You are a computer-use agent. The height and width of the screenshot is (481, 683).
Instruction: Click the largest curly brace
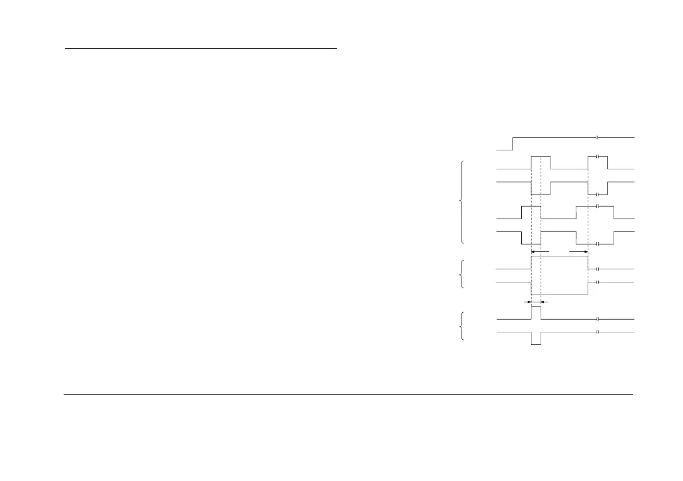(x=462, y=202)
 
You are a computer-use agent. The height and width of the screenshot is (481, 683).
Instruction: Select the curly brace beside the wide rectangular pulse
(x=462, y=275)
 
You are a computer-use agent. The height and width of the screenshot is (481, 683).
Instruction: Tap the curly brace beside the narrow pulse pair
(x=462, y=325)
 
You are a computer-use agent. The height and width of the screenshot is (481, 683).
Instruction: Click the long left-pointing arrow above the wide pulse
(x=540, y=252)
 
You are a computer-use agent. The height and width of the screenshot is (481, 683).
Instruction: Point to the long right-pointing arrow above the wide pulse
(x=579, y=252)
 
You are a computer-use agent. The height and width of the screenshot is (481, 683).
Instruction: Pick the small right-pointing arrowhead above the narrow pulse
(x=529, y=301)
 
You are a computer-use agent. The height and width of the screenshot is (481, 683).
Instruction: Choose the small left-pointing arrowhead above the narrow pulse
(x=544, y=301)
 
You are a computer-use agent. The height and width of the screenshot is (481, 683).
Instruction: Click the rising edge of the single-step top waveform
(x=513, y=143)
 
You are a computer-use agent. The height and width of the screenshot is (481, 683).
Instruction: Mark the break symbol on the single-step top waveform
(x=597, y=138)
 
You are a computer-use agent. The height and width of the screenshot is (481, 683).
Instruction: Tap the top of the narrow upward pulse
(x=536, y=307)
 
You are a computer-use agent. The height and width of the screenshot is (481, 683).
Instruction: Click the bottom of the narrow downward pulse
(x=536, y=344)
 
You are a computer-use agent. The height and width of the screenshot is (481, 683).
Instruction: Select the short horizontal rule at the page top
(x=200, y=49)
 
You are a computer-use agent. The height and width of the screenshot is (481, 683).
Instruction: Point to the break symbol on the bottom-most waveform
(x=597, y=332)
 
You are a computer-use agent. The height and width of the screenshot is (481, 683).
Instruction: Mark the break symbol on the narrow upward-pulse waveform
(x=597, y=319)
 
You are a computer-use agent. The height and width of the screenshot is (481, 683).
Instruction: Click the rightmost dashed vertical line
(x=588, y=230)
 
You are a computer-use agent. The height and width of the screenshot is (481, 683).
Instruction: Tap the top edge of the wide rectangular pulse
(x=560, y=257)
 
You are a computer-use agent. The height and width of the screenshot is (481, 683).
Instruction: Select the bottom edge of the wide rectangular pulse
(x=560, y=294)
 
